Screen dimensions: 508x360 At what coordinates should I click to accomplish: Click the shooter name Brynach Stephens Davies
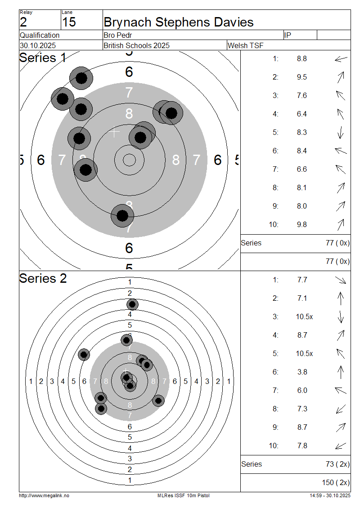178,22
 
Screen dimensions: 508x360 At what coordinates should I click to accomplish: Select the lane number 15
69,22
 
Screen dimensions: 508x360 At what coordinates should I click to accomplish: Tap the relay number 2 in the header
23,22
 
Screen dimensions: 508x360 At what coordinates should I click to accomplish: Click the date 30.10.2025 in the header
38,45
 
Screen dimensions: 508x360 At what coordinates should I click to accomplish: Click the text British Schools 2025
136,45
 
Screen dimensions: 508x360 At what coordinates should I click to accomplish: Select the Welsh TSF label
246,45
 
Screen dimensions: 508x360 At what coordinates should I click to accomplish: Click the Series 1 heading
43,58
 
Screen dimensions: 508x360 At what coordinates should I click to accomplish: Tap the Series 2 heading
43,278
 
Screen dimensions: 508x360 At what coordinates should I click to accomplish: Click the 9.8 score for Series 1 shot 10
301,224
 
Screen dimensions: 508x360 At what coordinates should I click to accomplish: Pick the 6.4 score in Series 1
301,114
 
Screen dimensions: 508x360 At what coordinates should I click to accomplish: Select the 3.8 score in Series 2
302,372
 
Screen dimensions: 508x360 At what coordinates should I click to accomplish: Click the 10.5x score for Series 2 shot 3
304,316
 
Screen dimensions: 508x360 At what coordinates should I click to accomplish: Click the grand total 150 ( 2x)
336,482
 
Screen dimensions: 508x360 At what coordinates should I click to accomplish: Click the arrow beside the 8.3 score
341,132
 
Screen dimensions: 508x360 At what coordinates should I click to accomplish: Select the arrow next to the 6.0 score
341,390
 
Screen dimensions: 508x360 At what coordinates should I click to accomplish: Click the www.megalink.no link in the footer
44,495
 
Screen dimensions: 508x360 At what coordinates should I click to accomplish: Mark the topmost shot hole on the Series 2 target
132,305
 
